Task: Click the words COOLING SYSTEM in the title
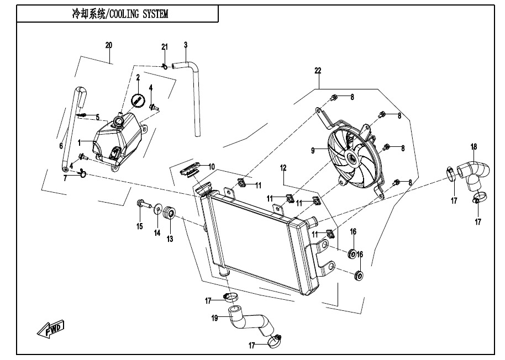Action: click(x=139, y=14)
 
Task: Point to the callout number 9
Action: click(x=313, y=150)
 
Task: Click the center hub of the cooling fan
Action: click(x=351, y=159)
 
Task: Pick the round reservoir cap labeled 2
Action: click(x=138, y=100)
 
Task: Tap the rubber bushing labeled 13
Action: click(x=170, y=213)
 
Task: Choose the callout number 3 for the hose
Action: click(x=186, y=45)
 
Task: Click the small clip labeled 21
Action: click(x=164, y=66)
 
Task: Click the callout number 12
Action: click(x=282, y=167)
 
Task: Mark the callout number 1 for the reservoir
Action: click(x=79, y=142)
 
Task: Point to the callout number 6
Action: click(x=61, y=146)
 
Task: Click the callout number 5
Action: click(x=97, y=117)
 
